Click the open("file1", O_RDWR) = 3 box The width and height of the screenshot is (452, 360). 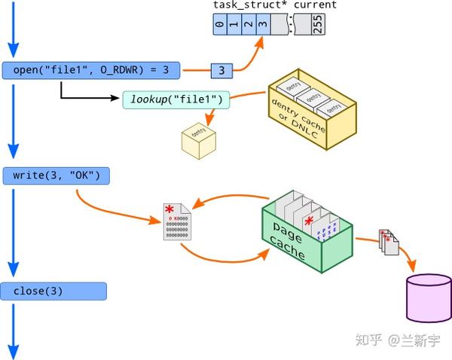(91, 71)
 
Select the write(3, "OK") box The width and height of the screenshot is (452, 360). (56, 176)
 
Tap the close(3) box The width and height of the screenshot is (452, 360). (53, 291)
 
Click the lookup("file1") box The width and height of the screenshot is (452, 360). (175, 100)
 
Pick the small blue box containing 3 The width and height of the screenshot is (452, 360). (221, 71)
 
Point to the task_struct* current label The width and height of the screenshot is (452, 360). (274, 5)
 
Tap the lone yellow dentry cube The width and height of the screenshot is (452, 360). (198, 139)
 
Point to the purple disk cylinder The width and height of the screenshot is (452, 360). (429, 299)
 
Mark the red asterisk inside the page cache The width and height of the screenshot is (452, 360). (308, 221)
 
